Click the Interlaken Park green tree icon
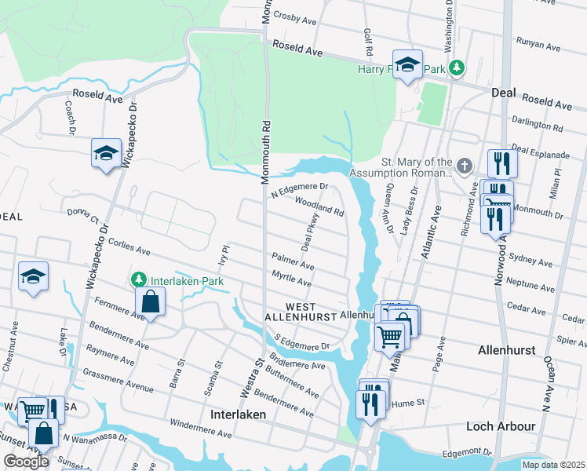[139, 280]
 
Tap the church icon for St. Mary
[465, 166]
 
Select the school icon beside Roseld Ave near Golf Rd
[407, 65]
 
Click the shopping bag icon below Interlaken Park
[149, 301]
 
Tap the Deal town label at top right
[503, 93]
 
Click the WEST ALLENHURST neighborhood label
[290, 311]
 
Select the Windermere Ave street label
[201, 429]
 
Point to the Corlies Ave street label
[129, 247]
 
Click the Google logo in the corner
[26, 462]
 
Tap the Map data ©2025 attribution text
[553, 464]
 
